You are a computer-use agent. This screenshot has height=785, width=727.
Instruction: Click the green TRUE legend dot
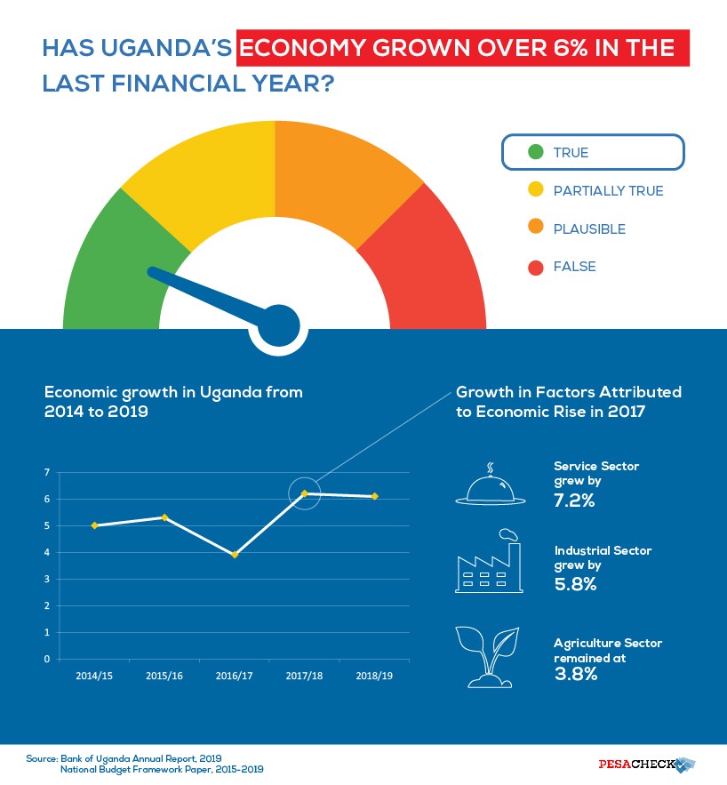click(535, 152)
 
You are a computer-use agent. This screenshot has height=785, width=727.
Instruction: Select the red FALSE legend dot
click(535, 267)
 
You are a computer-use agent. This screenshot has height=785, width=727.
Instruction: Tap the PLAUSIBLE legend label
click(589, 228)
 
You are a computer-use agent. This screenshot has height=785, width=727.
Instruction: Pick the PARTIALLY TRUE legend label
click(608, 190)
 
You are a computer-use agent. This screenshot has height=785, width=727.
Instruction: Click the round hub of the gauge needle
click(280, 326)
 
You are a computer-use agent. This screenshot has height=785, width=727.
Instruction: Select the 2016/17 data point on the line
click(235, 555)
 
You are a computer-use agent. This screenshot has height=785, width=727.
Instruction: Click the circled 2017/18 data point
click(304, 493)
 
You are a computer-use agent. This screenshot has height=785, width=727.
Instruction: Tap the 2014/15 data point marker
click(94, 525)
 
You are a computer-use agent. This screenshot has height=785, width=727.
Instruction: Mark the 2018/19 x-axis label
click(373, 677)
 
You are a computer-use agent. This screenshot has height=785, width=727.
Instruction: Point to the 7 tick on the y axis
click(46, 472)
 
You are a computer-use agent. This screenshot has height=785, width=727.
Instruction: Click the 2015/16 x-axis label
click(164, 677)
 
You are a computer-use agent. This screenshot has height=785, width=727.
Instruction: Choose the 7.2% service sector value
click(574, 501)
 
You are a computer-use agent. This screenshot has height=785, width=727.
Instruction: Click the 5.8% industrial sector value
click(574, 584)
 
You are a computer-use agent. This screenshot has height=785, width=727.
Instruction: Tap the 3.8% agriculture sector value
click(575, 674)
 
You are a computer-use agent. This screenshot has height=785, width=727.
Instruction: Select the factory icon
click(488, 562)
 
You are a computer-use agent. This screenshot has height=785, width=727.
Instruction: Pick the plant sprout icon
click(488, 657)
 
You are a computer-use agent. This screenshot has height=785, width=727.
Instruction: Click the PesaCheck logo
click(645, 764)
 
